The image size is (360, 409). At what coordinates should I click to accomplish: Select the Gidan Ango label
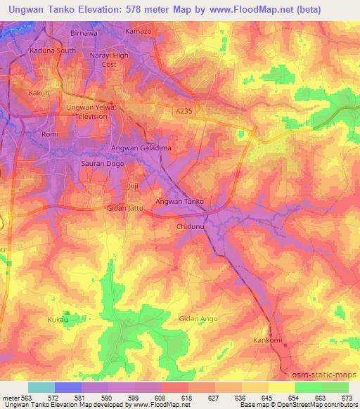[x=198, y=319]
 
